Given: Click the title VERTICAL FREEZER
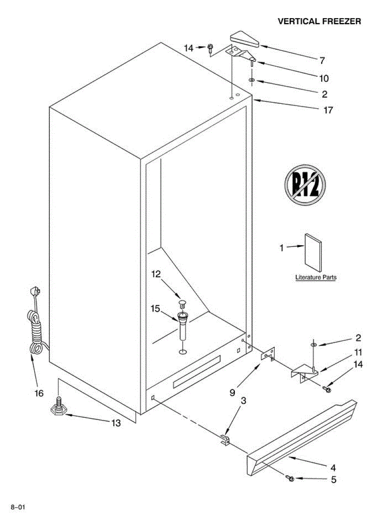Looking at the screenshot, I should (319, 21).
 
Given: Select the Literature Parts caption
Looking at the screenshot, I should (315, 277).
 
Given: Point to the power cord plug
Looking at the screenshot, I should (35, 294).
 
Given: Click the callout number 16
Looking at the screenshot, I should (39, 393).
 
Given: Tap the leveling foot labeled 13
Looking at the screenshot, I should (59, 408).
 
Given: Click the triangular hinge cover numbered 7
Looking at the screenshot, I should (244, 40).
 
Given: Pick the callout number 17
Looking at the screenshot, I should (328, 110).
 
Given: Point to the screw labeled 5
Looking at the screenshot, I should (290, 478).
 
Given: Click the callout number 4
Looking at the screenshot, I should (333, 468).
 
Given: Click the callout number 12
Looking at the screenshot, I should (156, 274).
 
